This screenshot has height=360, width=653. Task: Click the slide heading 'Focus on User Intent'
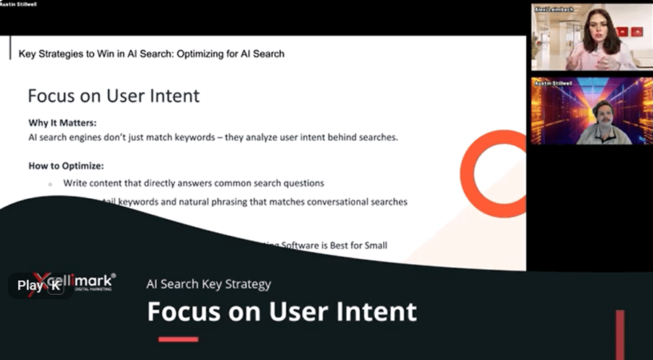point(113,96)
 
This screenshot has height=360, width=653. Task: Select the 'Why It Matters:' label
point(62,123)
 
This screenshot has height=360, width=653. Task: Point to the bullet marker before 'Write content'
point(49,184)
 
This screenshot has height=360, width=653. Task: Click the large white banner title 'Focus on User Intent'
point(282,311)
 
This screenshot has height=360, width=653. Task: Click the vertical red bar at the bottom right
point(620,334)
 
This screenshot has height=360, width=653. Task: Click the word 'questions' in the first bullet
point(303,184)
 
